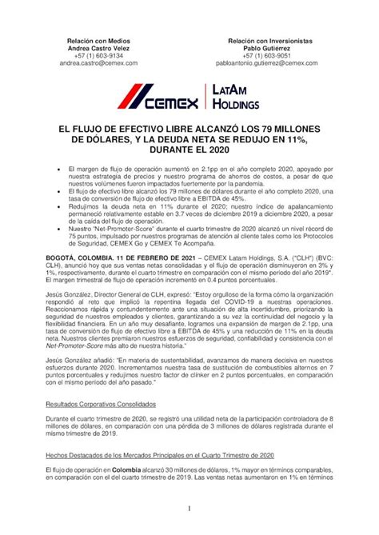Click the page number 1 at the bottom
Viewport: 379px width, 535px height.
pyautogui.click(x=189, y=509)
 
